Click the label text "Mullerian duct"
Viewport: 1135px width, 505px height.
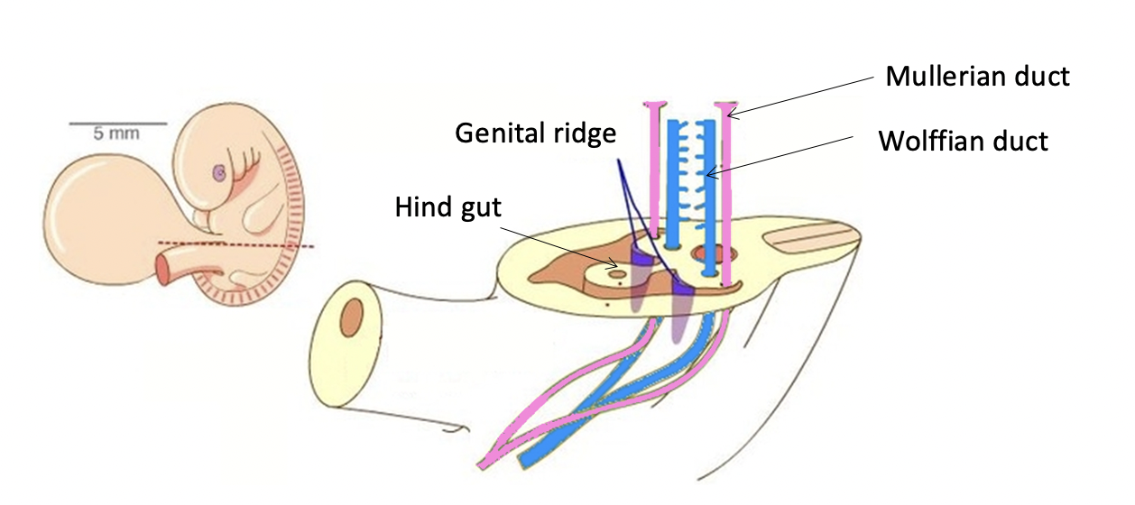coord(977,76)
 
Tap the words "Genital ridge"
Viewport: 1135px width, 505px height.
coord(536,133)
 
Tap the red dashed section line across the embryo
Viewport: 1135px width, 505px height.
coord(235,243)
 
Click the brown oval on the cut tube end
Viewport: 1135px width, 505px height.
coord(351,320)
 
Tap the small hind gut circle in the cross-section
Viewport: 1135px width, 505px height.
coord(617,271)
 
